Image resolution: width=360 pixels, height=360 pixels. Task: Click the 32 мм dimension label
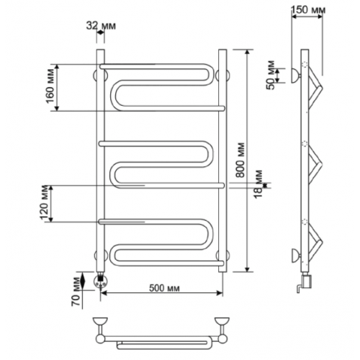point(101,26)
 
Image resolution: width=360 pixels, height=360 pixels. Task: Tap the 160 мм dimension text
point(51,86)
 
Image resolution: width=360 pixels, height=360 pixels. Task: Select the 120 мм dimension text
point(45,202)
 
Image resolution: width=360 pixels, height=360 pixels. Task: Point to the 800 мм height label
point(240,161)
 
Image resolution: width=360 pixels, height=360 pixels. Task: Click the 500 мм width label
point(164,288)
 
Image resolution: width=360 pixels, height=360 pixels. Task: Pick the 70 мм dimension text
point(76,291)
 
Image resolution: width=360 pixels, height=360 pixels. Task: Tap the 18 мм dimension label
point(258,184)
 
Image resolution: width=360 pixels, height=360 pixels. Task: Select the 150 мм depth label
point(308,10)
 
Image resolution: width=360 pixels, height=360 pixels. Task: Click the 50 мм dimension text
point(271,75)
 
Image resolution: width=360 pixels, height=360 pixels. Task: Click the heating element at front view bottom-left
point(101,280)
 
